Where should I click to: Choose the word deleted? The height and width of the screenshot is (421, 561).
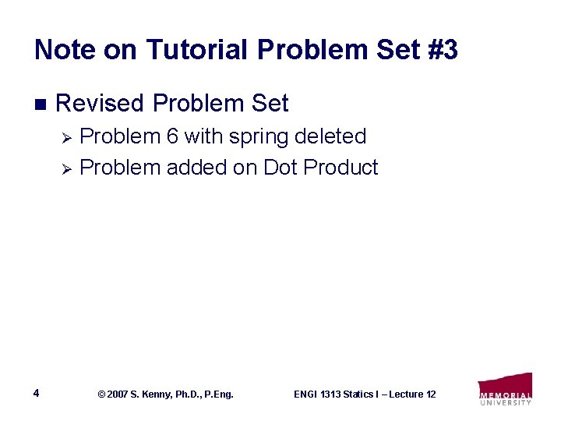[331, 136]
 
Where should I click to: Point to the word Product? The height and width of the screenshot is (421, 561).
[340, 168]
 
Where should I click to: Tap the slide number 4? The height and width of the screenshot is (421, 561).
[37, 392]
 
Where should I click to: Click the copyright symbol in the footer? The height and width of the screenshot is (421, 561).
[101, 394]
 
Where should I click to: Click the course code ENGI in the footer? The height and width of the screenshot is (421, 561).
[306, 394]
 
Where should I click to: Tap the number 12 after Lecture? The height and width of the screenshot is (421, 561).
[430, 394]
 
